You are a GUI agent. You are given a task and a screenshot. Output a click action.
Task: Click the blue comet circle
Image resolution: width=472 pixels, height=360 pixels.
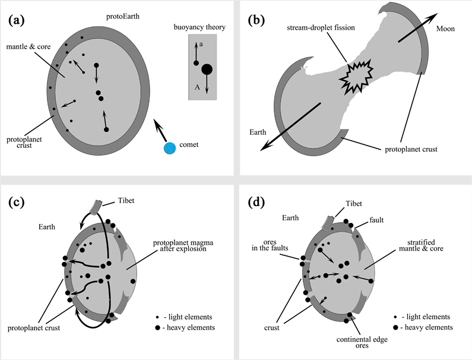pyautogui.click(x=170, y=148)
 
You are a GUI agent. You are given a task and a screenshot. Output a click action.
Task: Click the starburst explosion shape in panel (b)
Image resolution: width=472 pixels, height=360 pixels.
pyautogui.click(x=357, y=77)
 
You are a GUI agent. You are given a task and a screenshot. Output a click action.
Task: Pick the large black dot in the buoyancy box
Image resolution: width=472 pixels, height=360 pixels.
pyautogui.click(x=207, y=70)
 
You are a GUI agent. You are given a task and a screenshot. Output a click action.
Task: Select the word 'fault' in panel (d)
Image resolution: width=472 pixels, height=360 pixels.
pyautogui.click(x=377, y=220)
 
